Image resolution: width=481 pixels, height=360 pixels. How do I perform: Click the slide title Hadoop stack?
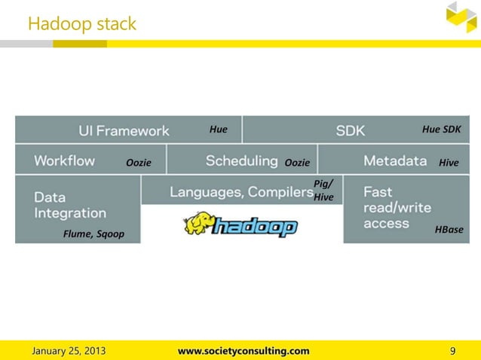coord(82,24)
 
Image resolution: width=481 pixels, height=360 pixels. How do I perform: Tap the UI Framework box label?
coord(124,130)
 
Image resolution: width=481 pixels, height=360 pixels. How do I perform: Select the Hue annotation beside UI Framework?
coord(218,130)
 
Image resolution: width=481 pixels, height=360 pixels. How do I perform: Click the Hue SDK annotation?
coord(441,130)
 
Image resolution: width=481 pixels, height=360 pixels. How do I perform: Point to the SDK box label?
coord(350,130)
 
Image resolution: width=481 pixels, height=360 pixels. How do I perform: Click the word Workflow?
coord(64,160)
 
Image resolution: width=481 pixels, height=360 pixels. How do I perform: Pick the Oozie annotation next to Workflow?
coord(138,163)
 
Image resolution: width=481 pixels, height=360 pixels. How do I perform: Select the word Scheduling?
coord(241,160)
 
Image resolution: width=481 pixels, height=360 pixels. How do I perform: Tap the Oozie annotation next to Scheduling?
coord(297,163)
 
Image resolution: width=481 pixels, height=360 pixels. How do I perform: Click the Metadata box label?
coord(396,160)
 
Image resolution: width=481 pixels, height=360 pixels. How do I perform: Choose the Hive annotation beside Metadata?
coord(449,163)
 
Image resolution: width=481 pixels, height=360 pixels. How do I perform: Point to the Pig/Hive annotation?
coord(323,191)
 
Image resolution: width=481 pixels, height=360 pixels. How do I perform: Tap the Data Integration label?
coord(69,205)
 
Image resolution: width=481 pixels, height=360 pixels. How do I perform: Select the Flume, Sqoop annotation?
coord(93,234)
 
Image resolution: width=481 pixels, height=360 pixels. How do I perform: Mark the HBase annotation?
coord(449,229)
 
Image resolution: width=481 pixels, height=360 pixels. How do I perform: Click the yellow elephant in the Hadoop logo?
coord(198,224)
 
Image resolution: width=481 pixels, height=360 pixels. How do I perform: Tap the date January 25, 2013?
coord(68,350)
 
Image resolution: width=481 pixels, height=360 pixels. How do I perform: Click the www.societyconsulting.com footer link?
coord(243,350)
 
